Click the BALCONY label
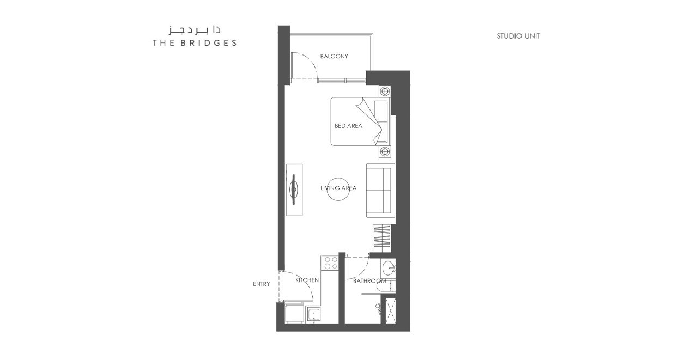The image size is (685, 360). coord(334,56)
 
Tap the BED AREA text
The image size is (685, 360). coord(348,126)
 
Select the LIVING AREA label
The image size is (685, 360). coord(338,188)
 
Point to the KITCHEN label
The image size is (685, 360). coord(307,280)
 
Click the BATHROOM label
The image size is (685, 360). coord(369,281)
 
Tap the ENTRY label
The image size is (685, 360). coord(262,284)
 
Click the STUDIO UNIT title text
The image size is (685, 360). coord(518,36)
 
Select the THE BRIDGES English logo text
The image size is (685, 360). coord(195,43)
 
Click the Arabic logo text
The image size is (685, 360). coord(195,30)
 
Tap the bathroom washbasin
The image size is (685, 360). coord(389,268)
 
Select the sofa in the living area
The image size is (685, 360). coord(380,191)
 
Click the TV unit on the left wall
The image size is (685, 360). coord(294,190)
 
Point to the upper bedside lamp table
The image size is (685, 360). coord(385,91)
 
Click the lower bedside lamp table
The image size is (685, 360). coord(385,151)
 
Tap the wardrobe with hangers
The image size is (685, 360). coord(382,239)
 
